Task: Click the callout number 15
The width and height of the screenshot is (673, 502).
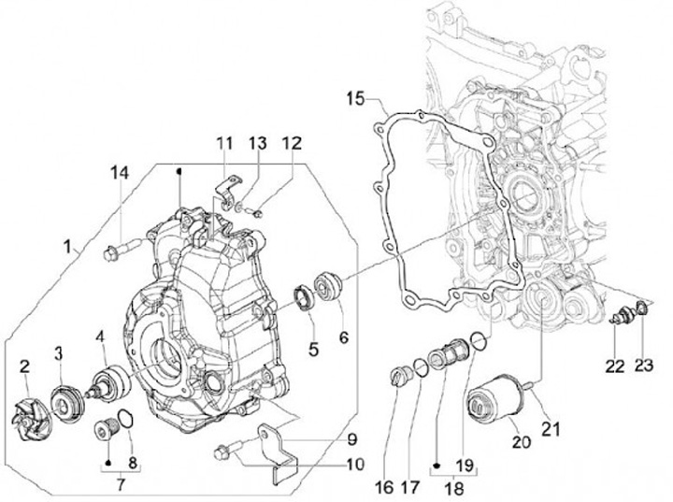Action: click(x=353, y=97)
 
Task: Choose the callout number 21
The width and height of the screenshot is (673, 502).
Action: click(x=552, y=429)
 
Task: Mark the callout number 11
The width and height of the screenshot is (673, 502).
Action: click(x=223, y=142)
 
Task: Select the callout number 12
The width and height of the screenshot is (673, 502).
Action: click(x=292, y=142)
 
